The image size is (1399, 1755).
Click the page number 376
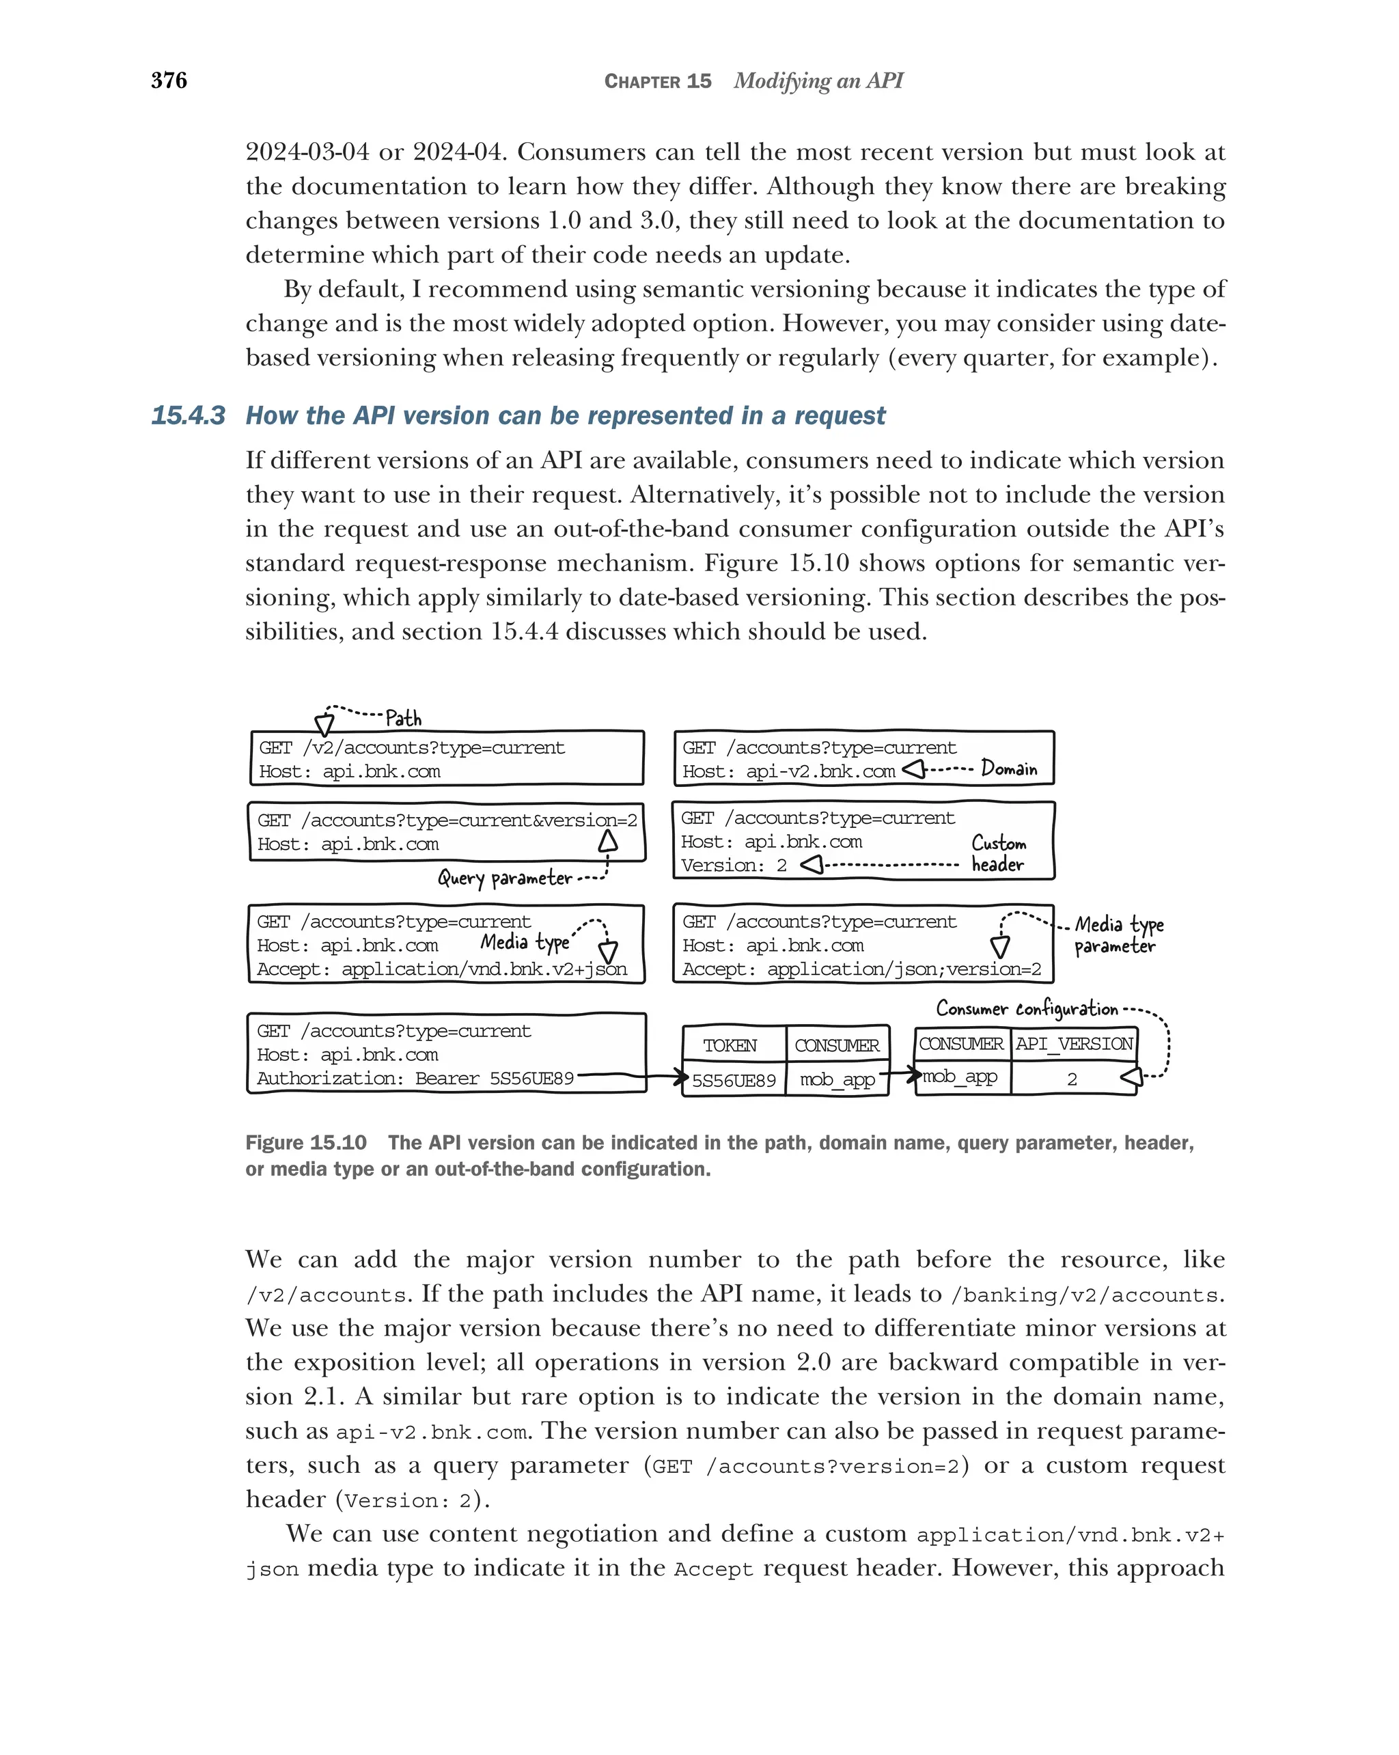[x=169, y=81]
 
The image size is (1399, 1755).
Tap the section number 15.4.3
[x=188, y=415]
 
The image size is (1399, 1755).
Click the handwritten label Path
[x=403, y=718]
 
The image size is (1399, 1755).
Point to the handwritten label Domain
[x=1008, y=769]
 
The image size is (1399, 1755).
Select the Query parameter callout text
[x=505, y=877]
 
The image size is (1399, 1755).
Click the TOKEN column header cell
[x=730, y=1045]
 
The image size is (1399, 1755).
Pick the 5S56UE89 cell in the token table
[x=733, y=1080]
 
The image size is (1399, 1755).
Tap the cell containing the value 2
[x=1072, y=1079]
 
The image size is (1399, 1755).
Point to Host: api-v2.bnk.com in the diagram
[x=788, y=771]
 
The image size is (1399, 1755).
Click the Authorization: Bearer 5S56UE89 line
[x=415, y=1079]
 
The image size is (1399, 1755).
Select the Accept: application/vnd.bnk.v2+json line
[x=442, y=969]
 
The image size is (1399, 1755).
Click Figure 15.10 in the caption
[x=306, y=1143]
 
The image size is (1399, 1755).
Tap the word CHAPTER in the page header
[x=642, y=81]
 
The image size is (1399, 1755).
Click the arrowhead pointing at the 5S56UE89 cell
[x=681, y=1078]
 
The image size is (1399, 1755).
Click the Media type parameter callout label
[x=1118, y=935]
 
